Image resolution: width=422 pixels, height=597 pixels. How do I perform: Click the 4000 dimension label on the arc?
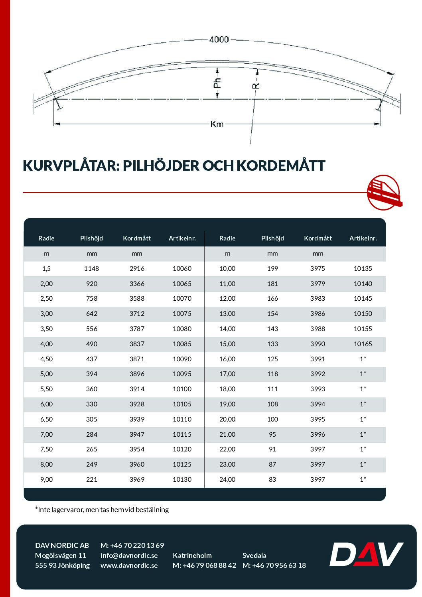pos(219,39)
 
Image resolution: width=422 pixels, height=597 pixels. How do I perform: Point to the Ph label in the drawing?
pos(217,83)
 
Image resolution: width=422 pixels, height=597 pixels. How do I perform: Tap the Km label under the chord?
pos(217,124)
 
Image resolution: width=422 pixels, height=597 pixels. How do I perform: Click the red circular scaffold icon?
pos(384,192)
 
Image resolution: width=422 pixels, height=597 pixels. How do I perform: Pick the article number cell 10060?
pos(182,269)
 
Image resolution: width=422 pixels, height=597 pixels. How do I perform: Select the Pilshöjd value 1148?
pos(91,269)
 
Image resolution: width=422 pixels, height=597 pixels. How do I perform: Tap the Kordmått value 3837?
pos(137,344)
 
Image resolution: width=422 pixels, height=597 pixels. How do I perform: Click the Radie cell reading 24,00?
pos(227,480)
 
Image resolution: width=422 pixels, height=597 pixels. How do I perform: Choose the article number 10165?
pos(363,344)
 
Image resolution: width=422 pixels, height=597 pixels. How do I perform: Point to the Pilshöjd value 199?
pos(272,269)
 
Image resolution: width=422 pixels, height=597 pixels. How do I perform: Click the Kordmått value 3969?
pos(137,480)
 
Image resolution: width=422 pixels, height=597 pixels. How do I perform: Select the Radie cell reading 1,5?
pos(46,269)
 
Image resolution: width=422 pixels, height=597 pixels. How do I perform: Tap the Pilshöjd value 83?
pos(272,480)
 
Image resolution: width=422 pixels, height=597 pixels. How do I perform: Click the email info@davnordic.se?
pos(129,556)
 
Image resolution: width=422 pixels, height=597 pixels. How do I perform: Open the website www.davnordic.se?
pos(129,565)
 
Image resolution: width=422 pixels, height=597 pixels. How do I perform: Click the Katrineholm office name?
pos(192,556)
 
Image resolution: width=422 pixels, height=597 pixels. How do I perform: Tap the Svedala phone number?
pos(274,565)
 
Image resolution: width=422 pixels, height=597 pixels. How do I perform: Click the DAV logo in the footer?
pos(366,554)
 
